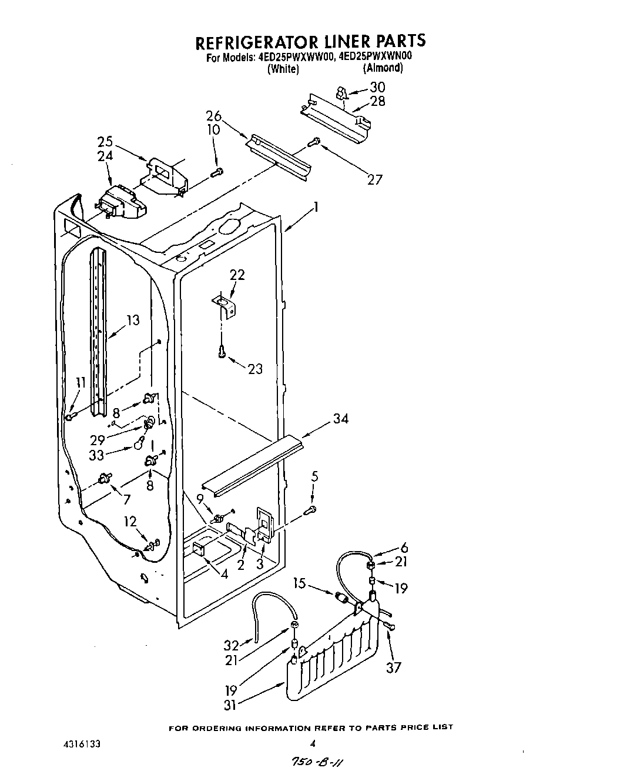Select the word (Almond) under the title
pos(383,68)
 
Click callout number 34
pos(340,419)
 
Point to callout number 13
pos(133,320)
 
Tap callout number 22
pos(237,275)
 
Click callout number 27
pos(374,179)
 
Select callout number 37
pos(393,667)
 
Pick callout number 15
pos(300,583)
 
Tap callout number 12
pos(130,521)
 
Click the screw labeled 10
pos(217,172)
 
